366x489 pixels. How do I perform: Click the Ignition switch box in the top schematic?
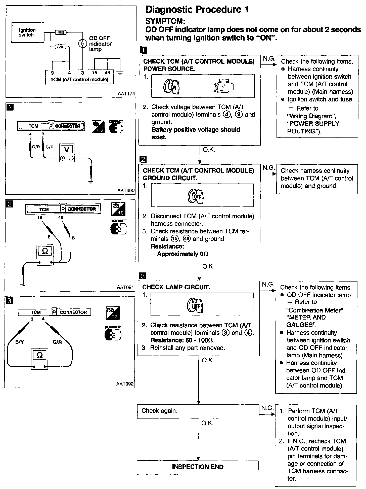click(28, 32)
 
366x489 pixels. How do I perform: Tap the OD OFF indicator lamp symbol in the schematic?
click(82, 44)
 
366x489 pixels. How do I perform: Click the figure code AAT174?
click(126, 93)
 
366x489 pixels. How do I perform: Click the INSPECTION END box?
click(198, 467)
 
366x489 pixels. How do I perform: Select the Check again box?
click(198, 411)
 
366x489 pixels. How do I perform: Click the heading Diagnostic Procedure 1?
click(197, 10)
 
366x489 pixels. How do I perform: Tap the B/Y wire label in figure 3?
click(19, 342)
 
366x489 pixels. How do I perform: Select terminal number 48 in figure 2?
click(61, 218)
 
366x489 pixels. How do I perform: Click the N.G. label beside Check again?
click(267, 408)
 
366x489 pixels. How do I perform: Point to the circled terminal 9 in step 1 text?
click(239, 115)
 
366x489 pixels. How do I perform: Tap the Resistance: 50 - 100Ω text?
click(181, 340)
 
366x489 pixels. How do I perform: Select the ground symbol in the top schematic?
click(120, 74)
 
